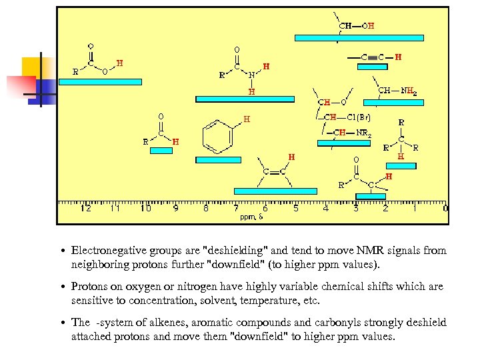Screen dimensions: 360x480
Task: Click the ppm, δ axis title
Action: [251, 217]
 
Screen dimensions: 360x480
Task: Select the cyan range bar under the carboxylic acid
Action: [101, 82]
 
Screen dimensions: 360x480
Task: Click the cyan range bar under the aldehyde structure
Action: [161, 151]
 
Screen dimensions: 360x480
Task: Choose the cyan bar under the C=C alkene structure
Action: [275, 191]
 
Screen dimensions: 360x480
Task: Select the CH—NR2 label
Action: [353, 133]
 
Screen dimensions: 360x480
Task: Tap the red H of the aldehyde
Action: [176, 141]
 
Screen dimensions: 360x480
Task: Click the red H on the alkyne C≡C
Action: [398, 57]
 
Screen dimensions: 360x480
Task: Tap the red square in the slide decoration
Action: [19, 85]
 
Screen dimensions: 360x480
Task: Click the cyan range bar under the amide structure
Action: [245, 99]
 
